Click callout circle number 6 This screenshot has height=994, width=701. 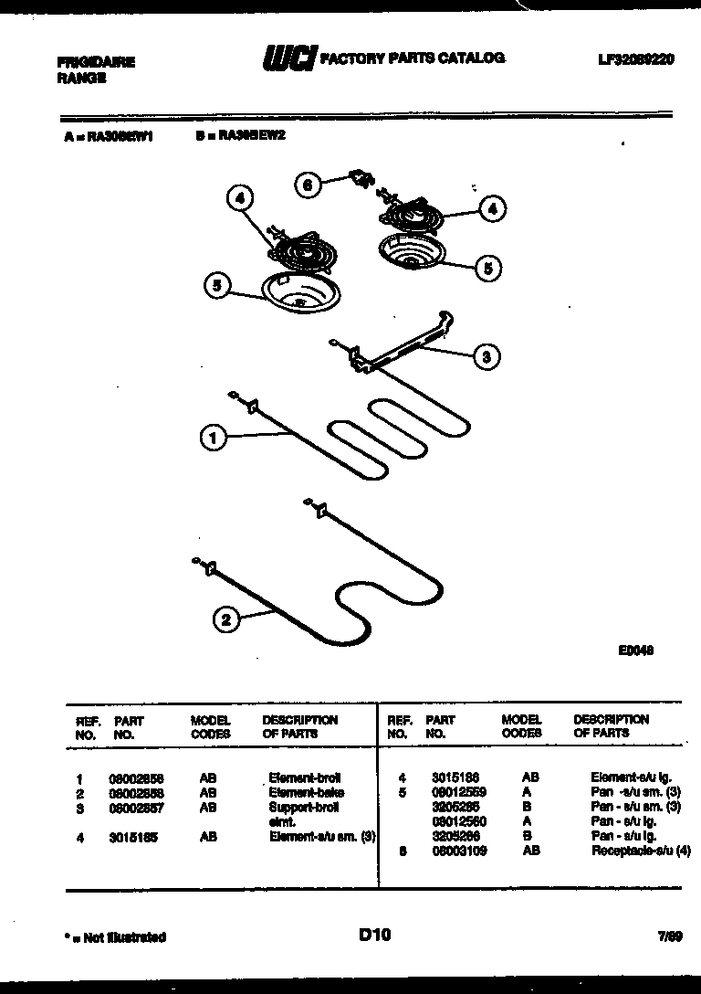pyautogui.click(x=307, y=185)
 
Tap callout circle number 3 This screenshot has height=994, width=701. pyautogui.click(x=486, y=357)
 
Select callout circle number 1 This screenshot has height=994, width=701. pyautogui.click(x=212, y=439)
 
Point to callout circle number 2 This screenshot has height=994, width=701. pyautogui.click(x=225, y=620)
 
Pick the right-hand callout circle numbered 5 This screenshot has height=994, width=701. pyautogui.click(x=487, y=268)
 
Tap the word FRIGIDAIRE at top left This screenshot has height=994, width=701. pyautogui.click(x=96, y=62)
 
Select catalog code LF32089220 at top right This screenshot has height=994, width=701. pyautogui.click(x=636, y=59)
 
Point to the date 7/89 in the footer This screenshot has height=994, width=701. pyautogui.click(x=670, y=936)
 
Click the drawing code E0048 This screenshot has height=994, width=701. pyautogui.click(x=635, y=650)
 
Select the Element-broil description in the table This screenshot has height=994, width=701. pyautogui.click(x=293, y=778)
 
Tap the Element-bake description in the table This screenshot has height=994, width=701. pyautogui.click(x=293, y=793)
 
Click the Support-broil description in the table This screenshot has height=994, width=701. pyautogui.click(x=291, y=808)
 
